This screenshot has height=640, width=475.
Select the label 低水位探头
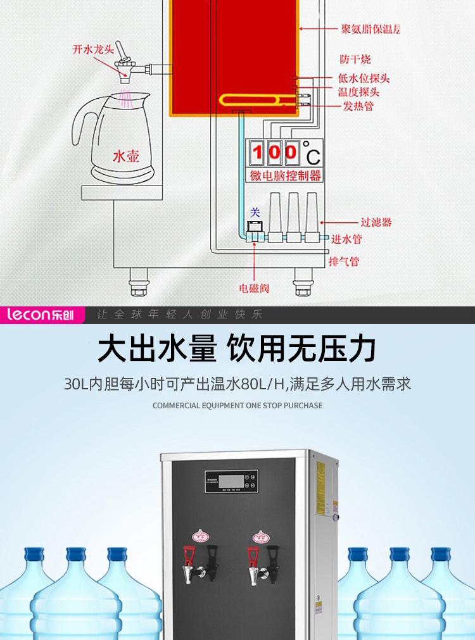click(x=364, y=78)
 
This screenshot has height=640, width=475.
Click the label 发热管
click(x=358, y=106)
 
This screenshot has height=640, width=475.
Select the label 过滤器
click(x=376, y=222)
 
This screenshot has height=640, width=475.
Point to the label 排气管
click(x=345, y=261)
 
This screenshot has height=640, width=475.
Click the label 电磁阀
click(x=254, y=288)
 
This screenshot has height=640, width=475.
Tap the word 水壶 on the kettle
click(x=125, y=156)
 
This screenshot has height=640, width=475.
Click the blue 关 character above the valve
click(x=255, y=212)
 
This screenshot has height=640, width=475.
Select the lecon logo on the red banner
click(x=42, y=315)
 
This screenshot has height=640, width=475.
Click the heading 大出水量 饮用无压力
click(x=237, y=349)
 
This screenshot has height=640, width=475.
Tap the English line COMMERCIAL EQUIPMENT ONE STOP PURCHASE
click(x=237, y=405)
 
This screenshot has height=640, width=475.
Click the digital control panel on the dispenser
click(x=231, y=479)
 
